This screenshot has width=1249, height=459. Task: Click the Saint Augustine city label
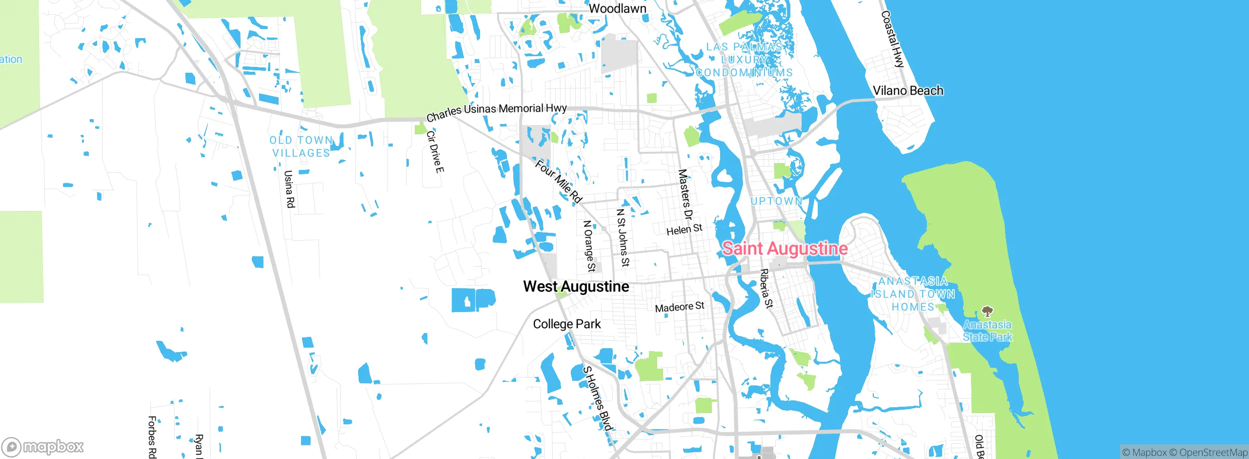click(785, 249)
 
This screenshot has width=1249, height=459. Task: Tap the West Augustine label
click(576, 286)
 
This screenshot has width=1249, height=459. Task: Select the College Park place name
click(566, 324)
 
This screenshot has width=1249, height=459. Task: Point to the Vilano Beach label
click(907, 90)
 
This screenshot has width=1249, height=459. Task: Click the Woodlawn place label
click(617, 8)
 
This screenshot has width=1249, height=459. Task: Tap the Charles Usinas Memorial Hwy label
click(496, 112)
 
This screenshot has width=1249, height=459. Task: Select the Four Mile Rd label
click(559, 181)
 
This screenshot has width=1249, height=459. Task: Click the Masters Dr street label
click(685, 194)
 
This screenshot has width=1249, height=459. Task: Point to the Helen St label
click(684, 229)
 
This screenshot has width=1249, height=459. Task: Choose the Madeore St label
click(679, 307)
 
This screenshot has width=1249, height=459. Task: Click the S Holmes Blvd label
click(597, 398)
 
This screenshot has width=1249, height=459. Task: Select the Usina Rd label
click(289, 189)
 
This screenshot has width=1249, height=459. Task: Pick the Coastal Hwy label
click(892, 39)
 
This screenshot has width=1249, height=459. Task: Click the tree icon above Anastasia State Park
click(987, 312)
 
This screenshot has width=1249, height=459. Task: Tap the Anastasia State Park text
click(987, 331)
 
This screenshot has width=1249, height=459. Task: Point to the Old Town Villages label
click(301, 146)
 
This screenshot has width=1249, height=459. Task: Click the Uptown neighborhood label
click(776, 201)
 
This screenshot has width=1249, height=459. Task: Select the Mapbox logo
click(43, 446)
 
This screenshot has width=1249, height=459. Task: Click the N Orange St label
click(589, 246)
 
